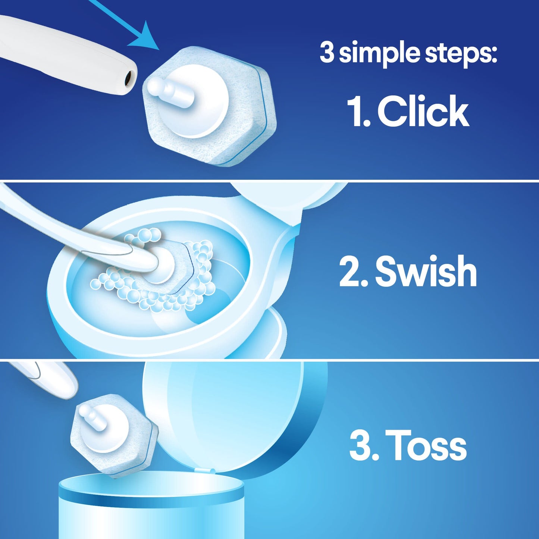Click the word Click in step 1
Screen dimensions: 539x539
(x=423, y=111)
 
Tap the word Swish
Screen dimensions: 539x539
(x=426, y=272)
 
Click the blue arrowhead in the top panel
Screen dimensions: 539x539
(x=147, y=37)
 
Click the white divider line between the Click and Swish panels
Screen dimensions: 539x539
(x=269, y=181)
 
